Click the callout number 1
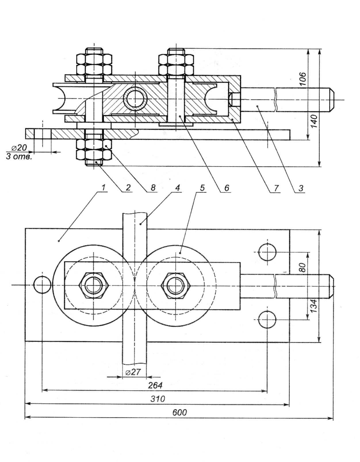(x=104, y=188)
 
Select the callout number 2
(x=128, y=188)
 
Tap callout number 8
(x=153, y=188)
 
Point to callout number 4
(x=177, y=188)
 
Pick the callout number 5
(x=202, y=188)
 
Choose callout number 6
(x=227, y=188)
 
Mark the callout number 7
(x=276, y=188)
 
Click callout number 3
(x=301, y=188)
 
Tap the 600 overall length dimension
(x=180, y=413)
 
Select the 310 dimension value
(x=158, y=399)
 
